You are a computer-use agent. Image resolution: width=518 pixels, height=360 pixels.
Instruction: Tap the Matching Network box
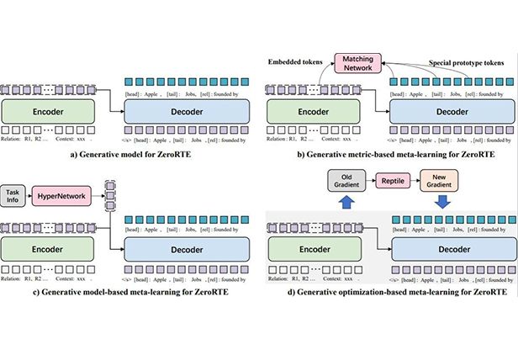[359, 64]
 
